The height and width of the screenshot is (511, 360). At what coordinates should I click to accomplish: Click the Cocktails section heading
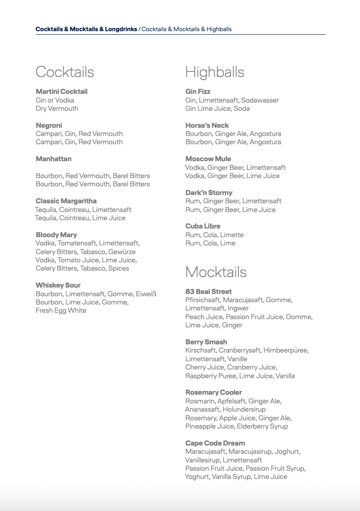(65, 72)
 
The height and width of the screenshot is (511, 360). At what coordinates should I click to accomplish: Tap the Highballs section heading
(214, 72)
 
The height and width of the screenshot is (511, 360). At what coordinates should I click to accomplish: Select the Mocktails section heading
(216, 272)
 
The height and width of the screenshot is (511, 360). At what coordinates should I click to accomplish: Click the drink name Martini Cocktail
(61, 92)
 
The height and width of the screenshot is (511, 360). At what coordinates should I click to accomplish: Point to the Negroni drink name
(49, 125)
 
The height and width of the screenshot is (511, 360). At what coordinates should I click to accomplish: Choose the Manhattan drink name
(54, 159)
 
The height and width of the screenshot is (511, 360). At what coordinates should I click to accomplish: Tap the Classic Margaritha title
(66, 201)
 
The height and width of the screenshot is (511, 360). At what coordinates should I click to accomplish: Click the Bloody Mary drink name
(56, 235)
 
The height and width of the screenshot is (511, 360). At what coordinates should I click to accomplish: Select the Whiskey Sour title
(58, 285)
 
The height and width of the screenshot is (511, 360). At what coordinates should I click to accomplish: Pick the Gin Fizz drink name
(198, 92)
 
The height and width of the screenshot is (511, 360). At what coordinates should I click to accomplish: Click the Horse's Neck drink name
(207, 125)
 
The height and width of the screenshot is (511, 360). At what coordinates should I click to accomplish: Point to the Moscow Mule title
(208, 159)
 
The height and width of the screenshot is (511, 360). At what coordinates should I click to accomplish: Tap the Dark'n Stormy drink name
(209, 193)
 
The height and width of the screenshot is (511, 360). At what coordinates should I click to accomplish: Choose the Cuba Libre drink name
(203, 226)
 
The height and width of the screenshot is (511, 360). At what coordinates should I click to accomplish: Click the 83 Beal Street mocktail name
(208, 292)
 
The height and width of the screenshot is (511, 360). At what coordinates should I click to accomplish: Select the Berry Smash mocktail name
(206, 342)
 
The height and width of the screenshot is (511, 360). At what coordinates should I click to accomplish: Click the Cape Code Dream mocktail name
(215, 443)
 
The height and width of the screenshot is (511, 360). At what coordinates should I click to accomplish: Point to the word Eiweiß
(146, 294)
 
